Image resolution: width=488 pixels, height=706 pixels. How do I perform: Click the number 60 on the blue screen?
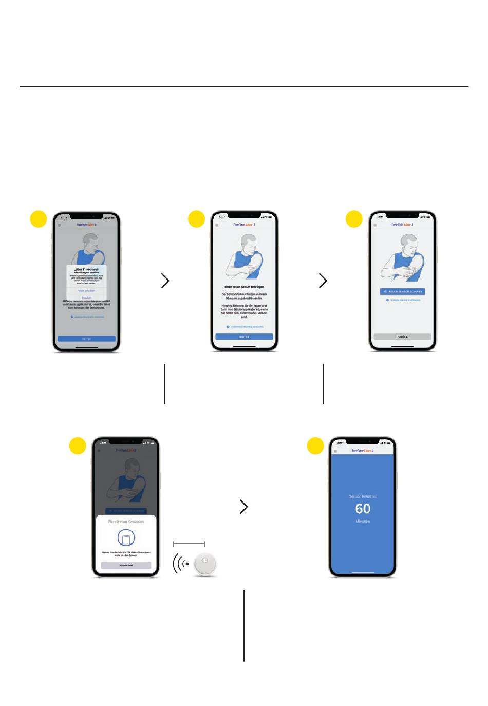tap(363, 509)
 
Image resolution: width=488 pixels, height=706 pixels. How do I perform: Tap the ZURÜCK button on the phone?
tap(402, 337)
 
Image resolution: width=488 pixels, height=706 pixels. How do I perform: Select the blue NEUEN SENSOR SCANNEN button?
tap(402, 291)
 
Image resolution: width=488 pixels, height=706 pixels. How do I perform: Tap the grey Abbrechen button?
tap(126, 565)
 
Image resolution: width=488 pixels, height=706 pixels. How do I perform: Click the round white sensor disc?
tap(205, 564)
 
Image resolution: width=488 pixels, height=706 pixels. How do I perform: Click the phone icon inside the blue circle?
tap(126, 538)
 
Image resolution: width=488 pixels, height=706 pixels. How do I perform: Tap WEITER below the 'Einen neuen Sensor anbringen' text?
tap(244, 337)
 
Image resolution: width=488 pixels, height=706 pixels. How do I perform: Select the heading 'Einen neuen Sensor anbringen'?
tap(244, 287)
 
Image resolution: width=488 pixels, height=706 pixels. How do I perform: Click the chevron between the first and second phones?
tap(165, 281)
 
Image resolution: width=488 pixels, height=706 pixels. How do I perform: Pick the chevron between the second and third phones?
tap(323, 281)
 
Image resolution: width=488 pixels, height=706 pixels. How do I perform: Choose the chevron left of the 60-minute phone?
tap(243, 507)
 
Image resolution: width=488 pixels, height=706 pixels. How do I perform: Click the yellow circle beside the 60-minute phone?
tap(315, 445)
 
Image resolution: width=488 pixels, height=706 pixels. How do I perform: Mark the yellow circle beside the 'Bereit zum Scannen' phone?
tap(78, 445)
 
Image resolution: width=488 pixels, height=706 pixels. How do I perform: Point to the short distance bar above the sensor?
tap(189, 543)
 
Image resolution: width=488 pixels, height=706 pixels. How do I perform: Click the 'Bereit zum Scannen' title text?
tap(126, 522)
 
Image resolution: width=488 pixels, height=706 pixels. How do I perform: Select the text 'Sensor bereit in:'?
tap(363, 496)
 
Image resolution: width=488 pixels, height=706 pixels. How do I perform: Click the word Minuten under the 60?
tap(363, 521)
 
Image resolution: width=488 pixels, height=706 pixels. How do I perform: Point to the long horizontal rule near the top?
tap(244, 87)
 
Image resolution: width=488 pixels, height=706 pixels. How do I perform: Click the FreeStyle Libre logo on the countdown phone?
tap(363, 451)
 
